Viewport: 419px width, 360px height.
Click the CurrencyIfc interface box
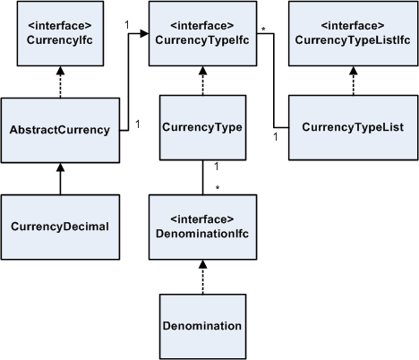[59, 35]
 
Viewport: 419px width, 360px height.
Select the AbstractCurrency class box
[59, 129]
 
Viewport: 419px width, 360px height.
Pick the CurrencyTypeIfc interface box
[203, 35]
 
